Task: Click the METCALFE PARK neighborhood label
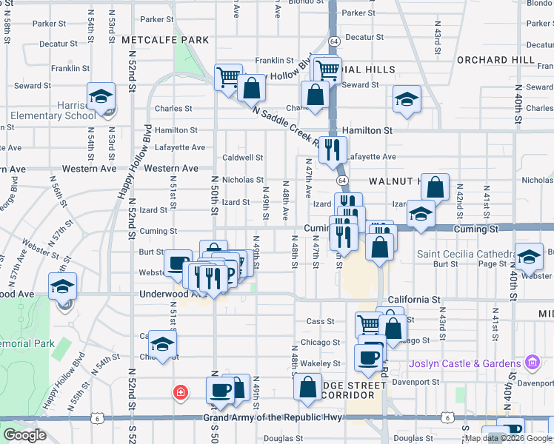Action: pyautogui.click(x=166, y=39)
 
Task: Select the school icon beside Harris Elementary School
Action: pyautogui.click(x=101, y=97)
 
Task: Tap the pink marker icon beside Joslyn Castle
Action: pyautogui.click(x=531, y=363)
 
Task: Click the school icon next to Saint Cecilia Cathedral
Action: pyautogui.click(x=529, y=258)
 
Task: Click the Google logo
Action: pyautogui.click(x=24, y=435)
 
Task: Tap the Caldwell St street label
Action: pyautogui.click(x=243, y=158)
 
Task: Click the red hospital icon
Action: pyautogui.click(x=178, y=391)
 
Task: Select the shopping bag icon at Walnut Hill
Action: pyautogui.click(x=436, y=188)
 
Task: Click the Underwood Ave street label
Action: pyautogui.click(x=163, y=294)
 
